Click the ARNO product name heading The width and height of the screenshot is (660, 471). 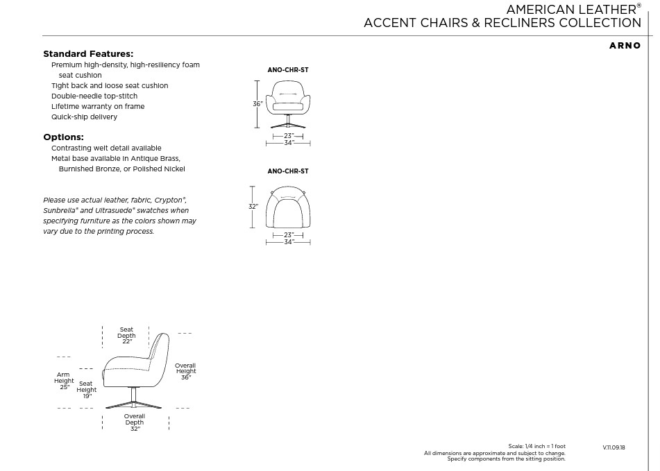tap(625, 46)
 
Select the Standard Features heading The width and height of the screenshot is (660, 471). tap(88, 54)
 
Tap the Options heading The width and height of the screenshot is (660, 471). tap(63, 137)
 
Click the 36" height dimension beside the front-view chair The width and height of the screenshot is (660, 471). tap(257, 104)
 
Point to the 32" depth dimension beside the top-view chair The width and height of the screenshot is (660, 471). tap(253, 207)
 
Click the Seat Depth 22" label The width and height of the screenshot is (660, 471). tap(126, 336)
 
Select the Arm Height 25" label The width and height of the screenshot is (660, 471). tap(64, 381)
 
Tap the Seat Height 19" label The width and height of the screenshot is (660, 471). tap(87, 390)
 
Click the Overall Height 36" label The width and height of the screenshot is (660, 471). tap(185, 371)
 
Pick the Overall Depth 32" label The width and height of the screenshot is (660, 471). tap(135, 422)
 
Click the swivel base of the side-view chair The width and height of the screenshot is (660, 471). tap(134, 400)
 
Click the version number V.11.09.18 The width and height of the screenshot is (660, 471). tap(614, 447)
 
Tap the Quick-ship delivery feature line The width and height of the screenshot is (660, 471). tap(84, 117)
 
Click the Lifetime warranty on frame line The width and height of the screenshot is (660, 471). tap(98, 106)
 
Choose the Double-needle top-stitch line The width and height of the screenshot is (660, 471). tap(94, 96)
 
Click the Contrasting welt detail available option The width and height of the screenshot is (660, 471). tap(106, 148)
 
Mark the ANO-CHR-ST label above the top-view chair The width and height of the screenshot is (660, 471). tap(288, 171)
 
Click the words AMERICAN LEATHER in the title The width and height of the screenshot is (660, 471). tap(570, 9)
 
